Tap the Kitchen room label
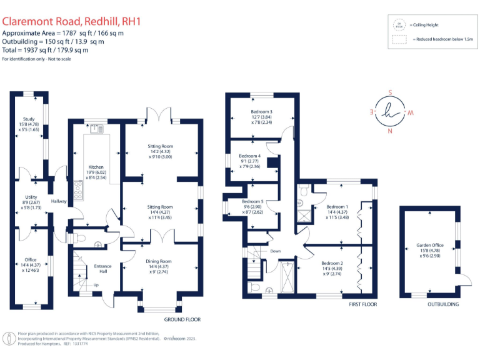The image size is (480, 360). click(96, 167)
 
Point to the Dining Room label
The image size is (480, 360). click(160, 261)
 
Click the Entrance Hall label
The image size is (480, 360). click(102, 267)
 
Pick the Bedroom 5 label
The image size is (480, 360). click(252, 201)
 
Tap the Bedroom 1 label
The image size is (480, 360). click(336, 207)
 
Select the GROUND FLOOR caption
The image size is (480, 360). click(182, 319)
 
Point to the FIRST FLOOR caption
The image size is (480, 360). click(362, 304)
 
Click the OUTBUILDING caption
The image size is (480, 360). click(443, 304)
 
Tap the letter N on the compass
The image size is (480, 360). click(391, 132)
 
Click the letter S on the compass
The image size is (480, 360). click(391, 92)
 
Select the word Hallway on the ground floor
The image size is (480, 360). click(59, 201)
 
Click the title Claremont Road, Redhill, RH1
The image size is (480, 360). click(72, 21)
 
